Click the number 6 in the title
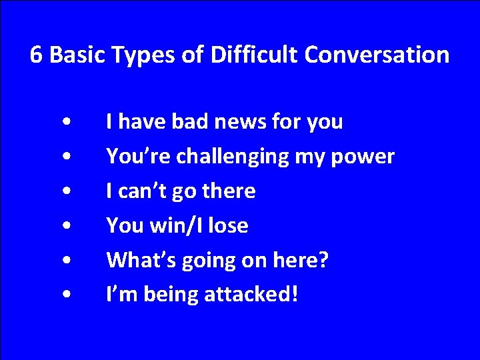coord(37,55)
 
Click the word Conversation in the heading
coord(377,55)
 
